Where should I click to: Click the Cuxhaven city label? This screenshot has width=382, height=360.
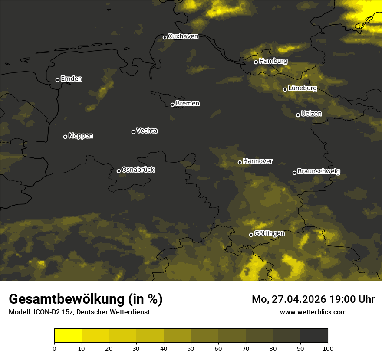pos(183,36)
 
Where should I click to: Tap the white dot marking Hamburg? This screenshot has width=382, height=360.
pos(256,62)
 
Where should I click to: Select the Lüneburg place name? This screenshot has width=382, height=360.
pos(303,88)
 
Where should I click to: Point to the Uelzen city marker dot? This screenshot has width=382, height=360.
pos(298,115)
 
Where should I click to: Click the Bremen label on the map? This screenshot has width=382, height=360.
pos(188,104)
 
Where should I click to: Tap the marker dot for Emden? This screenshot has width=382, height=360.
pos(57,80)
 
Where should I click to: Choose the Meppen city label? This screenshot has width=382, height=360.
pos(81,136)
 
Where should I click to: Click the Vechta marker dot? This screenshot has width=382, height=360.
pos(133,132)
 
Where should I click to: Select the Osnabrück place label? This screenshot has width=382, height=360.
pos(138,170)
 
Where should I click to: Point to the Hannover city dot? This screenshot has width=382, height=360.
pos(240,162)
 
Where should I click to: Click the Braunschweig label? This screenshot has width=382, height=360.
pos(319,172)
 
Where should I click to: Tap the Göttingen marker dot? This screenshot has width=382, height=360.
pos(251,235)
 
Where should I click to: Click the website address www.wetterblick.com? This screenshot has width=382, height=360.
pos(313,312)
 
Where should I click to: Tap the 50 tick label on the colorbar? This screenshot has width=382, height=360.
pos(191,348)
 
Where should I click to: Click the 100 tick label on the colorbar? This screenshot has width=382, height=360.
pos(328,348)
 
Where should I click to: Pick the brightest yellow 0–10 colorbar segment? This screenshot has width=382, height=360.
pos(68,336)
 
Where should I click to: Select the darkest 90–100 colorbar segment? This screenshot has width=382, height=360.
pos(314,336)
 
